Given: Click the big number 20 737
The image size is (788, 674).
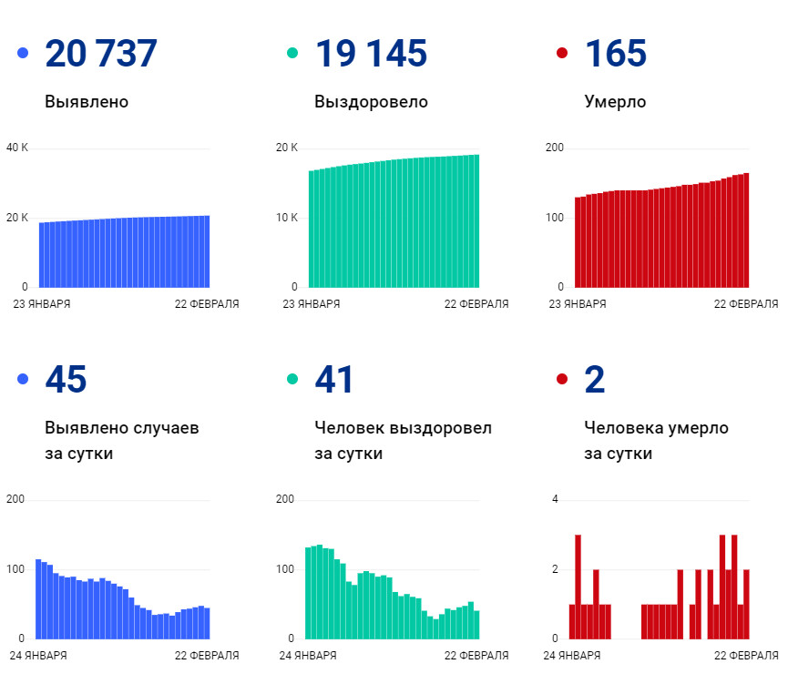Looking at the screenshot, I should [100, 54].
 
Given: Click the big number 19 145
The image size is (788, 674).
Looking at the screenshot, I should [370, 54].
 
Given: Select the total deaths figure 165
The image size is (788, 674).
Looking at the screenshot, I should [615, 54].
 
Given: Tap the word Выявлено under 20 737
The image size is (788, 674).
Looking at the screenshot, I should [87, 102].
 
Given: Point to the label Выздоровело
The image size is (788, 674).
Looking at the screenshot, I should [371, 102].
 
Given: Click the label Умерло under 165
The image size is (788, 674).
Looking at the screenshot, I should [615, 102].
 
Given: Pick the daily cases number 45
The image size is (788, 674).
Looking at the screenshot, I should [66, 380].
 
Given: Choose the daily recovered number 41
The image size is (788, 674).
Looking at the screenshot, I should [333, 380].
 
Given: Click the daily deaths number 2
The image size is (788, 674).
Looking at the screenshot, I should [594, 380].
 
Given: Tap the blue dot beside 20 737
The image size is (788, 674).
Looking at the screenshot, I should [23, 54].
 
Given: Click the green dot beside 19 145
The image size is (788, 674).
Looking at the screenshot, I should [292, 54].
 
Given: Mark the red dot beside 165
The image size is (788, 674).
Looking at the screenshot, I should [562, 54].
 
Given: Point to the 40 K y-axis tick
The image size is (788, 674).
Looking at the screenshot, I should [17, 148].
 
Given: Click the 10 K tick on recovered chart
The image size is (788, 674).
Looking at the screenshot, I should [287, 218].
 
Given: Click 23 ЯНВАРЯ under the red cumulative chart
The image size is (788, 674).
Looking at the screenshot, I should [578, 304].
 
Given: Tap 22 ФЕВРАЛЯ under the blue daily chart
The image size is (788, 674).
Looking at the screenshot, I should [207, 655].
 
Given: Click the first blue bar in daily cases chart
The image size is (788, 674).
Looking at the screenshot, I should [38, 598].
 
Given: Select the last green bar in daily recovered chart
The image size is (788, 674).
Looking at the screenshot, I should [476, 624].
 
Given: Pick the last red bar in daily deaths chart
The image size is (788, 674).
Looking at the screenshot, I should [746, 604].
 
